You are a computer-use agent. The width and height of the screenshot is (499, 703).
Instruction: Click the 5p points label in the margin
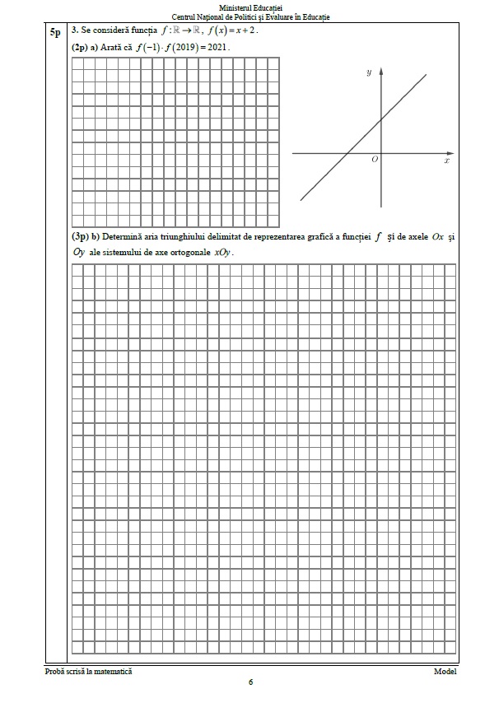click(x=54, y=32)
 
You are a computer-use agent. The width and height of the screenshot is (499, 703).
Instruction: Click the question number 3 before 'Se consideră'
click(x=75, y=31)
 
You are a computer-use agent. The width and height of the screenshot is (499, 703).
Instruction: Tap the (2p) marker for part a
click(x=80, y=48)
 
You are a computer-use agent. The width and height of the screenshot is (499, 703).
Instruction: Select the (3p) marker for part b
click(x=80, y=237)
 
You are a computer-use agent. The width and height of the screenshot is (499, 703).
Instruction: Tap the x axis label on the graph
click(x=446, y=162)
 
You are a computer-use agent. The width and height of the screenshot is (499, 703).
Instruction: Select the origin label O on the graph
click(x=375, y=159)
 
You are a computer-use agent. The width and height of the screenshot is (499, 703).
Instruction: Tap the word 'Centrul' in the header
click(x=185, y=16)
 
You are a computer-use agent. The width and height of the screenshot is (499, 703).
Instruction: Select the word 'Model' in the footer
click(x=445, y=672)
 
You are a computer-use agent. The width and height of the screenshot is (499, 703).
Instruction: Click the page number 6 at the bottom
click(x=250, y=682)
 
